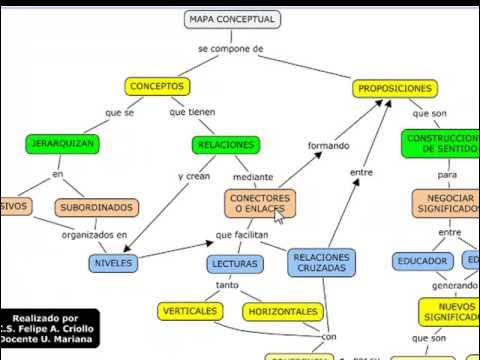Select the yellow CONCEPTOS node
point(157,87)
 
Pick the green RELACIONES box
point(224,144)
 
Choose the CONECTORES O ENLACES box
point(260,204)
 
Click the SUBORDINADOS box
point(96,208)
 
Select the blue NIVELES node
point(112,263)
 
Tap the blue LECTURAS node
point(236,264)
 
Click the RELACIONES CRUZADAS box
point(322,262)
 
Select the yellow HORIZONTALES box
point(284,311)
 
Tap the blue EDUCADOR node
point(422,261)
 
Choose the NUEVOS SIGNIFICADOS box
point(448,311)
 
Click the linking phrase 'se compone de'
point(230,48)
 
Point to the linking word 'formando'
point(328,146)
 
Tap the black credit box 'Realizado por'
point(49,327)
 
